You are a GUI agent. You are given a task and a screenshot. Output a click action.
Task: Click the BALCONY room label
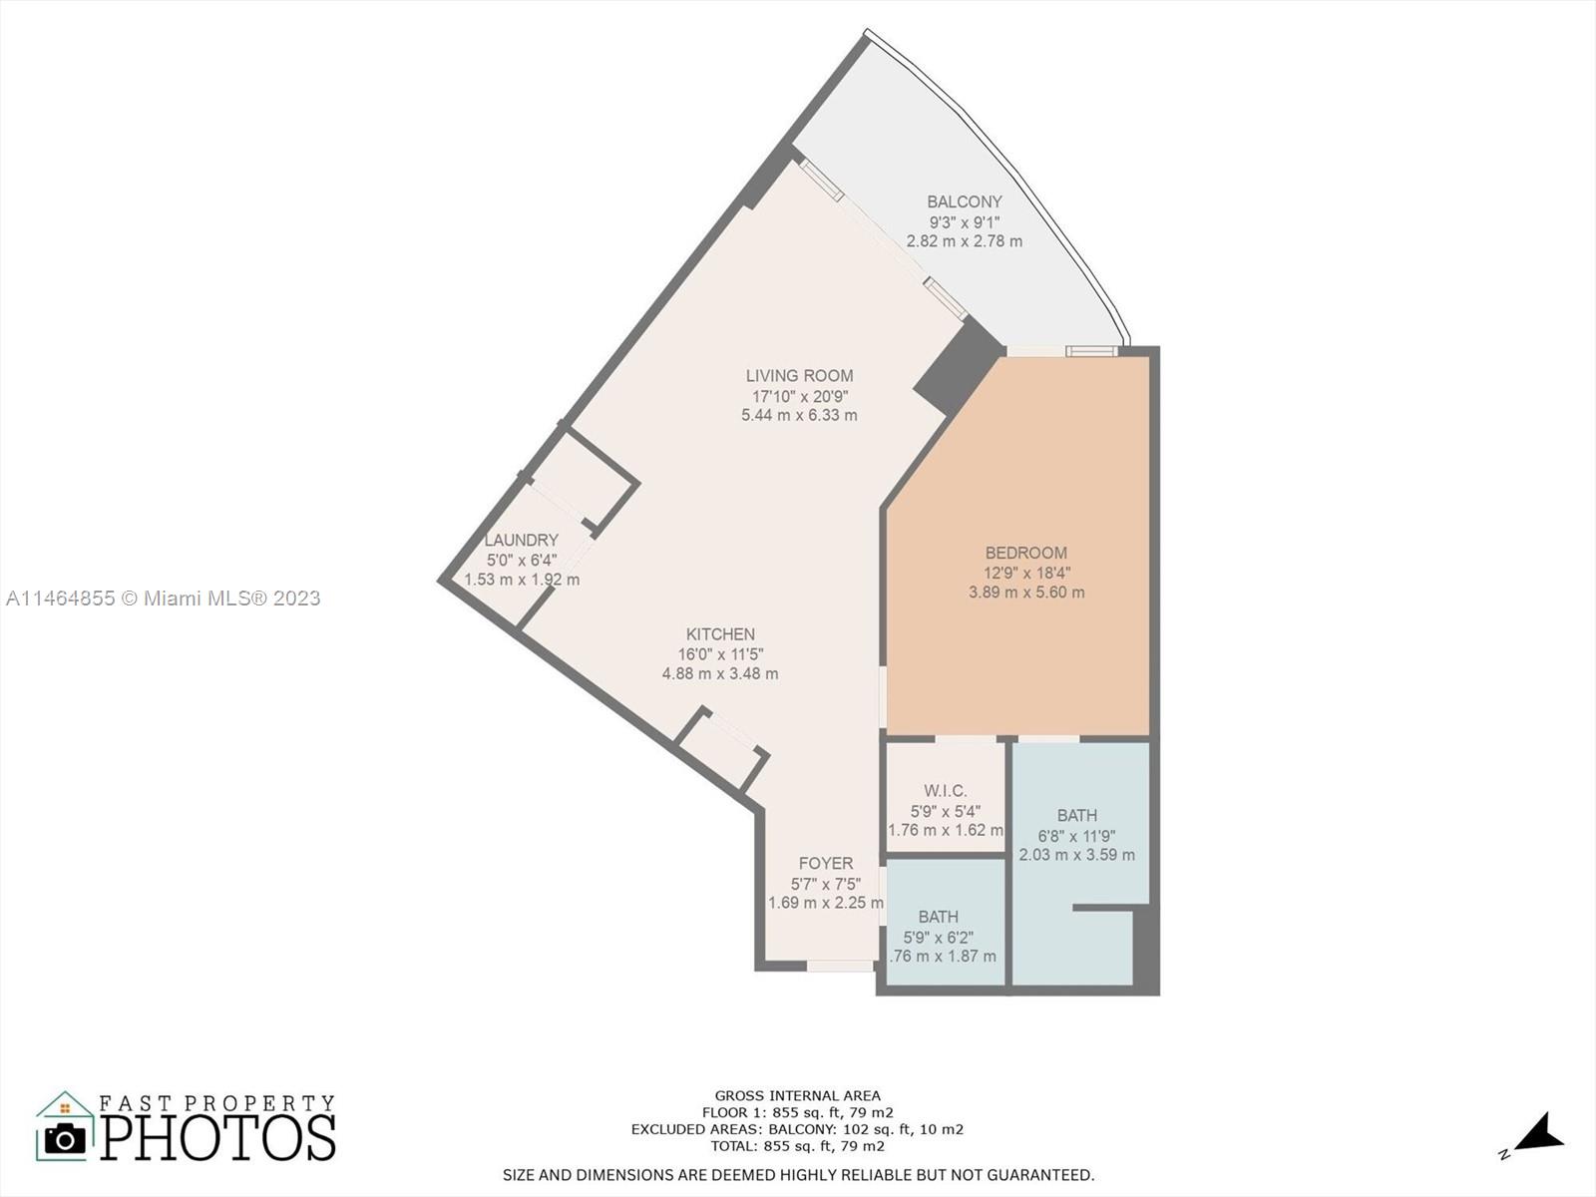click(x=964, y=201)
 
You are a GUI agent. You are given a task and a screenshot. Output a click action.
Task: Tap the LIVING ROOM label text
click(x=799, y=376)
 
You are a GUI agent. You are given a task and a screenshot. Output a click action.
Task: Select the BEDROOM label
click(x=1025, y=553)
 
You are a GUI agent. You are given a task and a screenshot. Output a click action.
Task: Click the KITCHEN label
click(x=720, y=634)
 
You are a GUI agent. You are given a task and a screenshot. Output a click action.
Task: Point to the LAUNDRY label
click(x=521, y=541)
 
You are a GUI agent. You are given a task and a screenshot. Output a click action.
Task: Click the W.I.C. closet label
click(x=945, y=791)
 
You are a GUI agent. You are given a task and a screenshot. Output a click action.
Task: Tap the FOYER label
click(x=825, y=864)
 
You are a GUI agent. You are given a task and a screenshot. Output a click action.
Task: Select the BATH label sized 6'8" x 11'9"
click(x=1077, y=816)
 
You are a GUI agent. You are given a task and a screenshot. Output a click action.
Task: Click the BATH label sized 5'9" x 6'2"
click(x=938, y=917)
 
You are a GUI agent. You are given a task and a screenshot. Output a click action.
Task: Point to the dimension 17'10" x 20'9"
click(x=799, y=396)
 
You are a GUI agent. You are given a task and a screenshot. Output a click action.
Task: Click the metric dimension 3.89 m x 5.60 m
click(x=1025, y=593)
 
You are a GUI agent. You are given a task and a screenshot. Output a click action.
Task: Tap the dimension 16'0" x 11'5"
click(x=720, y=654)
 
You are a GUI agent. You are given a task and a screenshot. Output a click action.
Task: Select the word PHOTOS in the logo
click(x=218, y=1138)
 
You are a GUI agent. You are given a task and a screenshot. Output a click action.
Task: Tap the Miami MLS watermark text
click(x=163, y=598)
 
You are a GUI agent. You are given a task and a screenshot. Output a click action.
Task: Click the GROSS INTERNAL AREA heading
click(x=797, y=1095)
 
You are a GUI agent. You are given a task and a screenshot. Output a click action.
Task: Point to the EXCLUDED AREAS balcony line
click(x=797, y=1129)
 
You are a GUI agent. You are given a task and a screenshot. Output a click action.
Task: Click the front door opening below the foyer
click(x=840, y=966)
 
